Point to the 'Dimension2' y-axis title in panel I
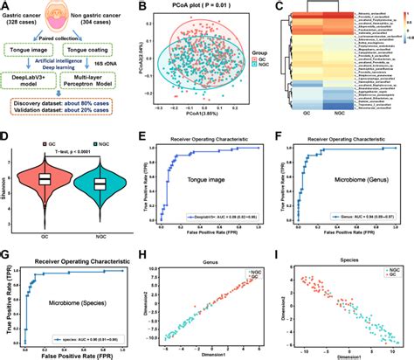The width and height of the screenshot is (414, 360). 281,310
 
